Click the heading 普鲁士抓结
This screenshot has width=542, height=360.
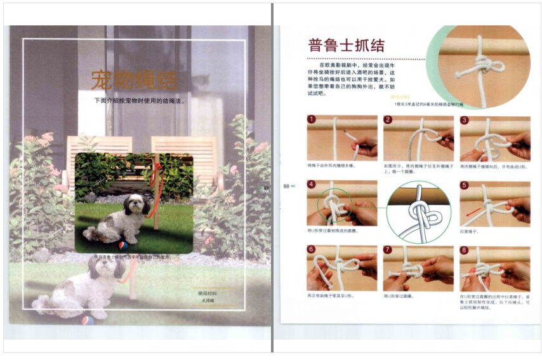(x=347, y=45)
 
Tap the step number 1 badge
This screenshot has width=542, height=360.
(x=312, y=119)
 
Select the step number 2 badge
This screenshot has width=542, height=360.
(x=388, y=119)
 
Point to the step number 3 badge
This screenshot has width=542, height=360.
(x=465, y=119)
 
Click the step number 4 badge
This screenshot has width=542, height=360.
(x=312, y=185)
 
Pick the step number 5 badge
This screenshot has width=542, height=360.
(x=465, y=185)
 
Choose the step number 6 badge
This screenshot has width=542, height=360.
(x=312, y=250)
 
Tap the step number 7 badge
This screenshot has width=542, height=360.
(x=388, y=250)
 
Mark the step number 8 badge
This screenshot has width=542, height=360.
(x=465, y=250)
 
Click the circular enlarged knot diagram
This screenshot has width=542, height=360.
(x=418, y=212)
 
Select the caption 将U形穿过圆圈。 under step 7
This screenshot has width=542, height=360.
(x=399, y=296)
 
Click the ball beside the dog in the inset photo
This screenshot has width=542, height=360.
(x=122, y=245)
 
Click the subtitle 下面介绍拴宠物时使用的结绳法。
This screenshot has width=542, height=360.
(x=139, y=101)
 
